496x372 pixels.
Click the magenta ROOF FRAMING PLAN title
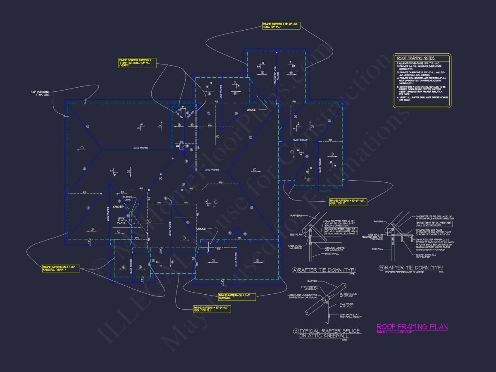point(412,327)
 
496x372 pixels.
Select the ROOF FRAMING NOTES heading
point(417,58)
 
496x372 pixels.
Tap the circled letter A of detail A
point(295,271)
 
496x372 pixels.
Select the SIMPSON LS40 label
point(127,199)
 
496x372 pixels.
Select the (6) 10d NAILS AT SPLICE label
point(348,295)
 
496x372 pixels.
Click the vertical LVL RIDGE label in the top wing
point(275,74)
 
